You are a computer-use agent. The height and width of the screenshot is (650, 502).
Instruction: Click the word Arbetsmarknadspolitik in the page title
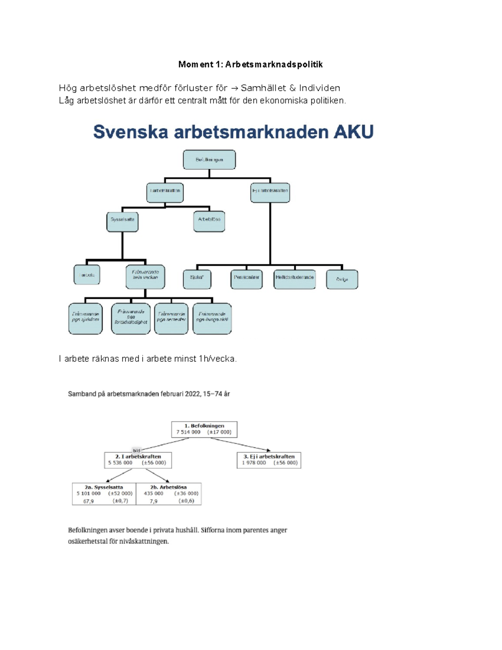click(x=274, y=64)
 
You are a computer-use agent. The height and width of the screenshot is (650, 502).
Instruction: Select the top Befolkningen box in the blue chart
click(x=209, y=160)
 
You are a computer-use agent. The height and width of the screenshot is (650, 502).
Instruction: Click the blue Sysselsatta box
click(x=122, y=221)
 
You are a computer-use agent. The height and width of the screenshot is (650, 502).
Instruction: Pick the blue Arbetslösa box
click(x=209, y=221)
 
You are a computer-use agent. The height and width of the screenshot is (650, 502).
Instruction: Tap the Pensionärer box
click(x=246, y=279)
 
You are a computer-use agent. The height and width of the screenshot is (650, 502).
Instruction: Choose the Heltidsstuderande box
click(x=295, y=279)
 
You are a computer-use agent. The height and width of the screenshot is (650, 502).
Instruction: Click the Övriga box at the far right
click(x=342, y=279)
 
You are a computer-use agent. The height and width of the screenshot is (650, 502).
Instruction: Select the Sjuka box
click(x=197, y=279)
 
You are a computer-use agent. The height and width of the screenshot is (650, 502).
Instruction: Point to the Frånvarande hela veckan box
click(x=145, y=277)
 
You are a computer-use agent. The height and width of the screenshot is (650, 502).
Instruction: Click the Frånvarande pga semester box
click(x=171, y=319)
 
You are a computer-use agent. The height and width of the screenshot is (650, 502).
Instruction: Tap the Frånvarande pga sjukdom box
click(x=85, y=319)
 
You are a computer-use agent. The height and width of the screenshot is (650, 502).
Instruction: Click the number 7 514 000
click(x=188, y=432)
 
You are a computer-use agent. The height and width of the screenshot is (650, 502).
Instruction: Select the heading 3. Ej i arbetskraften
click(x=269, y=456)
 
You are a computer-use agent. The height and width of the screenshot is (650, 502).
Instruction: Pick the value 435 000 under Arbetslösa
click(x=154, y=493)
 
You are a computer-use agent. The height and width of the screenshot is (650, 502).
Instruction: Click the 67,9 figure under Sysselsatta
click(x=88, y=501)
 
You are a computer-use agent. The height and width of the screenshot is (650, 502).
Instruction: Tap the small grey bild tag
click(x=136, y=450)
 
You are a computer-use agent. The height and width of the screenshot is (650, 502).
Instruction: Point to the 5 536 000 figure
click(x=120, y=462)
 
